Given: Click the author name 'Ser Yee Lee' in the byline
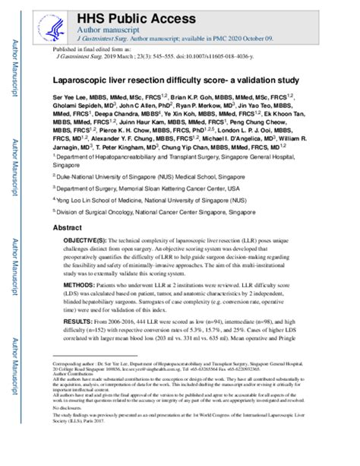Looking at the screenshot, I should [x=74, y=99].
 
